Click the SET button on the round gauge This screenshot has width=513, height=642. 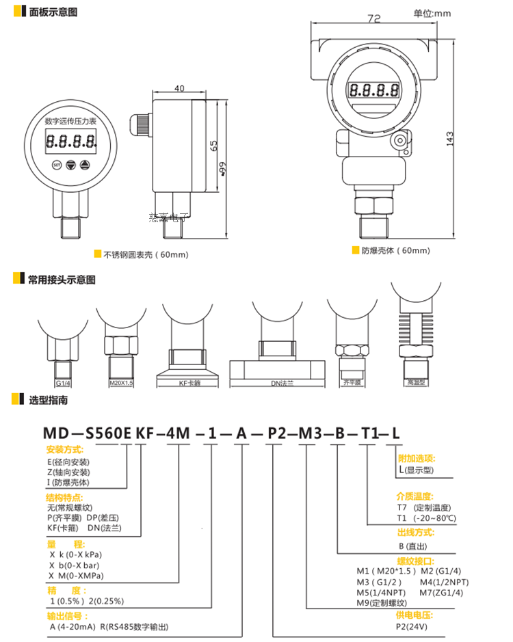[57, 165]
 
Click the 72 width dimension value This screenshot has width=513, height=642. [373, 19]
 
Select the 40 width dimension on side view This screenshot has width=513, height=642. [180, 89]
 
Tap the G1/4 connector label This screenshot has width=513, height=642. [63, 384]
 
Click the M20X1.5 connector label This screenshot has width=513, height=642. [121, 384]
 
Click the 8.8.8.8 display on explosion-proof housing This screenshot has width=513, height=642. [373, 90]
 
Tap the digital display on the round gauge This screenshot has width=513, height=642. [71, 142]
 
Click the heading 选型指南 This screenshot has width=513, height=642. [48, 400]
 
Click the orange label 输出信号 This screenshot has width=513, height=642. [64, 615]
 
